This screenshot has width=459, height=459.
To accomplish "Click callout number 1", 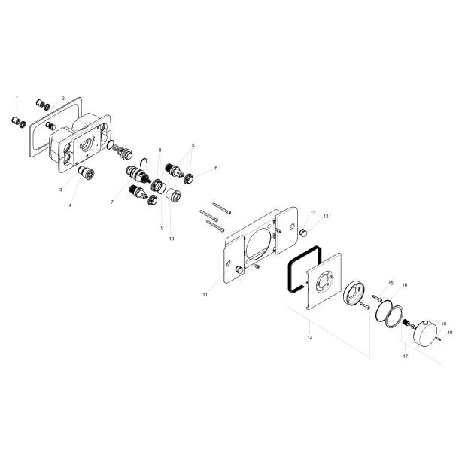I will [17, 98].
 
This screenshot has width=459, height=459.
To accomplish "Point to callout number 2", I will [63, 98].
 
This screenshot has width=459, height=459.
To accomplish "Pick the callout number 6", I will [216, 169].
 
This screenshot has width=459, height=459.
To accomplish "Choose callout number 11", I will [205, 296].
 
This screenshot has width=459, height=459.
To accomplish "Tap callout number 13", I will [313, 213].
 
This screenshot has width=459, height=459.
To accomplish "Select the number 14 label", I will [309, 339].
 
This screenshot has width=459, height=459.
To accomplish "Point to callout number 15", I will [391, 283].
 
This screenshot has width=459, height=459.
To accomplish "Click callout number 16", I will [405, 286].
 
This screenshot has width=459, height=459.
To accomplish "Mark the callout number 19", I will [450, 332].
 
